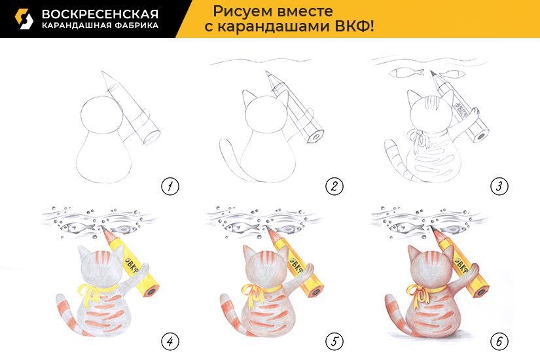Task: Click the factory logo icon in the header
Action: point(24,19)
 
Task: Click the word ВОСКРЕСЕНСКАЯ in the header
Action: point(100,14)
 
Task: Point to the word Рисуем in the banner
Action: point(236,12)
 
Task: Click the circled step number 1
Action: point(170,187)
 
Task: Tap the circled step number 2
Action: point(334,187)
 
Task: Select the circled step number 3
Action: point(499,187)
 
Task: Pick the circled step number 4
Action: point(170,342)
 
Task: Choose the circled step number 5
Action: point(334,342)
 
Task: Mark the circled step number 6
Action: point(499,342)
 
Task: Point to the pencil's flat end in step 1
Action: point(151,137)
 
